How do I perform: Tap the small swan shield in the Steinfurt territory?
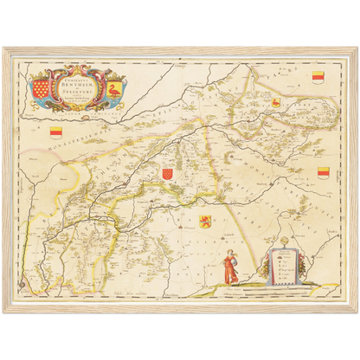(276, 104)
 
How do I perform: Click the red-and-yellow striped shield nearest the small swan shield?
(317, 75)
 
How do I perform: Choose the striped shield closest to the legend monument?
(324, 172)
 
